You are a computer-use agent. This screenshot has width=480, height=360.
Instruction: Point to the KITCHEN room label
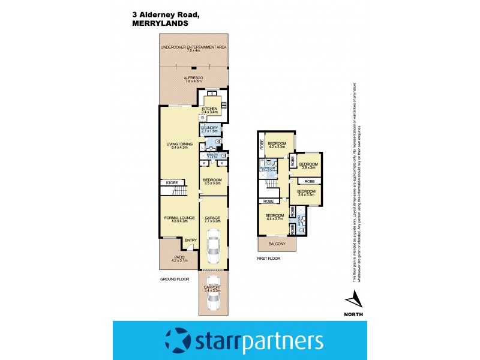coord(209,109)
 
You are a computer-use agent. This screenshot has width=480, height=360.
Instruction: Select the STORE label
coord(172,182)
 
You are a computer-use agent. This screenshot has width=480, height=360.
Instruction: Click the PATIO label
coord(172,256)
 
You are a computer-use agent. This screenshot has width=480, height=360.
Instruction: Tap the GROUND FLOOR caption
coord(175,280)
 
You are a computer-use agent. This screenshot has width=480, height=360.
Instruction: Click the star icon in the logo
coord(178,341)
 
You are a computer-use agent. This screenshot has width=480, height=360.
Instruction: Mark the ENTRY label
coord(191,241)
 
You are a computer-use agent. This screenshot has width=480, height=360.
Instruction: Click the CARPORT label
coord(213,287)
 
